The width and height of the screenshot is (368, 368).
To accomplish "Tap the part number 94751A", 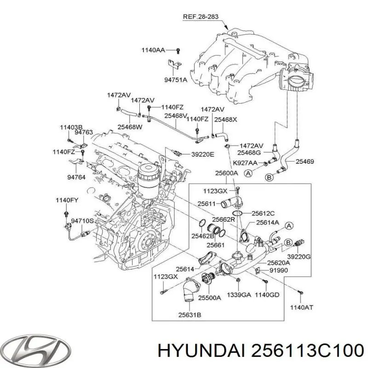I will pyautogui.click(x=176, y=80).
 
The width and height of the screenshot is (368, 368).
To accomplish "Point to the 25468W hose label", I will pyautogui.click(x=130, y=126).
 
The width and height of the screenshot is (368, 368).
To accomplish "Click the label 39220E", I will pyautogui.click(x=203, y=154).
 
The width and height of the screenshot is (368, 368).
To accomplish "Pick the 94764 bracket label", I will pyautogui.click(x=76, y=177).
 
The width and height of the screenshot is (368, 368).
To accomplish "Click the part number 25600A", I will pyautogui.click(x=227, y=173).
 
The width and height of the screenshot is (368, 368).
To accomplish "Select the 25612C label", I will pyautogui.click(x=264, y=213).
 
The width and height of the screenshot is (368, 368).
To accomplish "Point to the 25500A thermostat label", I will pyautogui.click(x=210, y=297).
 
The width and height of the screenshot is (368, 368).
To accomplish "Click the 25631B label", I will pyautogui.click(x=190, y=315).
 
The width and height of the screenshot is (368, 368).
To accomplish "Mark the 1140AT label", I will pyautogui.click(x=301, y=307).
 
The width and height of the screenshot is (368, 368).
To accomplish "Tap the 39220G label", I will pyautogui.click(x=299, y=256).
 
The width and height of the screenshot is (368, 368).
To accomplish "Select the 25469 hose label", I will pyautogui.click(x=305, y=161).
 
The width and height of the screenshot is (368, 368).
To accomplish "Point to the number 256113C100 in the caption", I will pyautogui.click(x=303, y=351).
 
